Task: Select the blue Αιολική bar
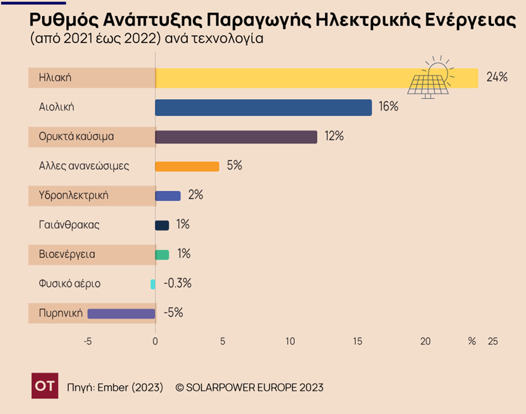263,107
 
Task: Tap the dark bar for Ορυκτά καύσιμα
236,137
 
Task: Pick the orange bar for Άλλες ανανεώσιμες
187,166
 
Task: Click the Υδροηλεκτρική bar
168,195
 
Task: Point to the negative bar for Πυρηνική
121,313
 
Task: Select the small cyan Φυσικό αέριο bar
153,284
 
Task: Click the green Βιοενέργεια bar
162,254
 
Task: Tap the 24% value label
496,78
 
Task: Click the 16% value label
388,107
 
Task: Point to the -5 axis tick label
88,342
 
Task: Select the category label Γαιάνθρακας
69,225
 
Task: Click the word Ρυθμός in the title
56,19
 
